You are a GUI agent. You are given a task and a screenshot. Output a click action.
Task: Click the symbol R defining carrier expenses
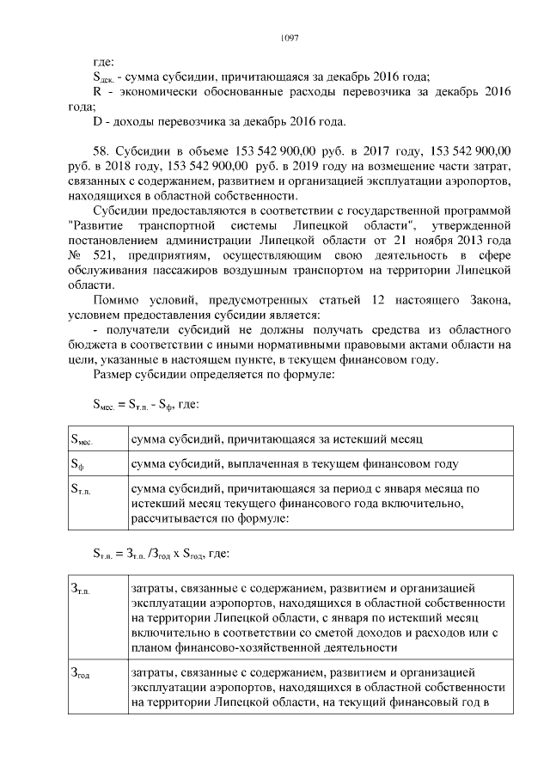pyautogui.click(x=96, y=91)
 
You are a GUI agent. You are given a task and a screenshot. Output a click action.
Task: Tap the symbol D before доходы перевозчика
pyautogui.click(x=96, y=120)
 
